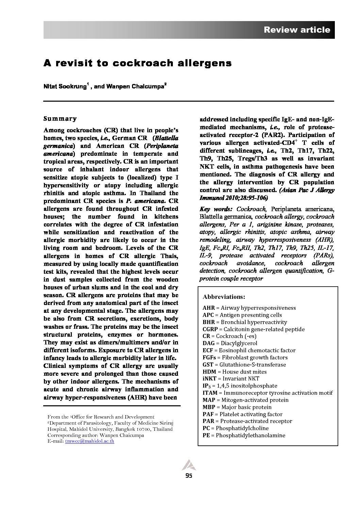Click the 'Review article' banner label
tap(297, 30)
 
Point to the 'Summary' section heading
tap(60, 119)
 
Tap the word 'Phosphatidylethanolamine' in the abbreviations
tap(250, 435)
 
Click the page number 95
tap(189, 476)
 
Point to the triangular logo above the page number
tap(187, 465)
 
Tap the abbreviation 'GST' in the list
tap(208, 364)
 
